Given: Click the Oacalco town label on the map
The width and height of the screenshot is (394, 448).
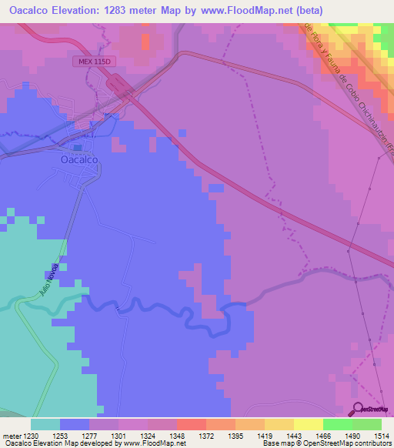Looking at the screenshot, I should click(78, 161).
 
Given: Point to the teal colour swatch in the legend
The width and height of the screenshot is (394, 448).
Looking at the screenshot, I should click(45, 424).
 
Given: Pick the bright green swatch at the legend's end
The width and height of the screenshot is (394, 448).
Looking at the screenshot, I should click(366, 424).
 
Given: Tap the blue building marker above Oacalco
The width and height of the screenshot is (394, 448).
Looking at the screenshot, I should click(78, 147).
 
